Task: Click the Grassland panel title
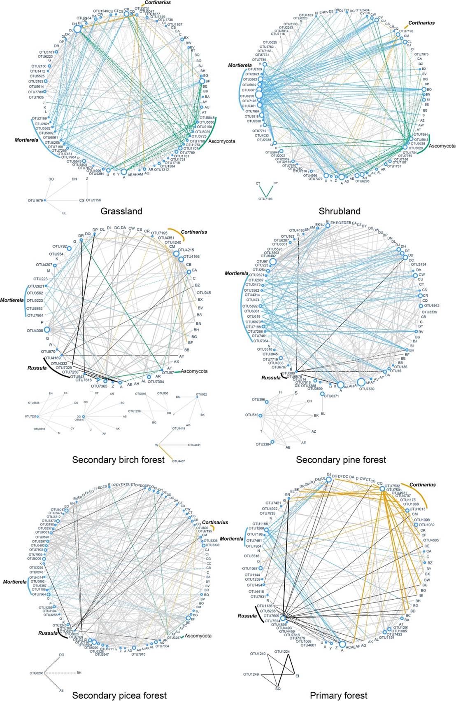(x=121, y=211)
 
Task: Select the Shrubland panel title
(x=340, y=211)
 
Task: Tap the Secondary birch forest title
(x=118, y=460)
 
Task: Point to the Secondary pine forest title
(x=341, y=460)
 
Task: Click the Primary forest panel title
(x=338, y=695)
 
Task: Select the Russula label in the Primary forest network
(x=247, y=616)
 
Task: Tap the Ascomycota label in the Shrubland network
(x=442, y=146)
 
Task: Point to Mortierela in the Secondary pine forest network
(x=236, y=273)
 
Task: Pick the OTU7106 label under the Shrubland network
(x=265, y=199)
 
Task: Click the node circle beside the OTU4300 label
(x=47, y=330)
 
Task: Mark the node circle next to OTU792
(x=69, y=248)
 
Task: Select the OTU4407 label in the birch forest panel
(x=178, y=461)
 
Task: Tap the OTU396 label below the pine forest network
(x=258, y=400)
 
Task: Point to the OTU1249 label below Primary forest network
(x=251, y=674)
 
